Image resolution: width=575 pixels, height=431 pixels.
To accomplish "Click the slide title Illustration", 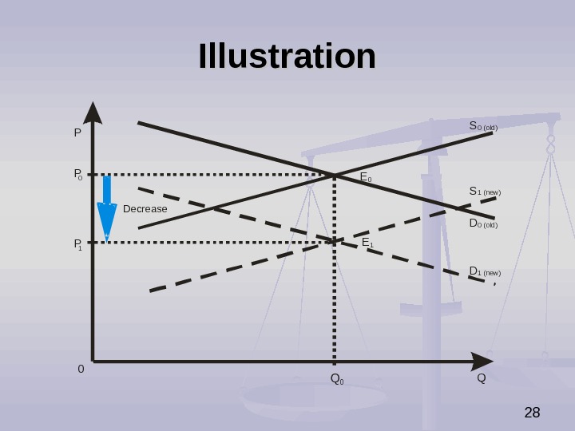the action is pos(287,57).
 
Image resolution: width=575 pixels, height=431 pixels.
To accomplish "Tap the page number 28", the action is pos(532,413).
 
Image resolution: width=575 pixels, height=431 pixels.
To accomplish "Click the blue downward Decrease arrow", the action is pos(106,210).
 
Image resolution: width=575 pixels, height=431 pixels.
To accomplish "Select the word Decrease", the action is pos(145,209).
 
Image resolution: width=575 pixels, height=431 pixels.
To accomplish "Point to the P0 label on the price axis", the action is pos(78,174).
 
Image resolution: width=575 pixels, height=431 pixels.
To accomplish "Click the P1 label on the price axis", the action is pos(78,243).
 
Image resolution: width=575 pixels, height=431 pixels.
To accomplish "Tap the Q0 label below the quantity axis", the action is pos(337,378).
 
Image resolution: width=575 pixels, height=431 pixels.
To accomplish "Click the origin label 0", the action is pos(81,370).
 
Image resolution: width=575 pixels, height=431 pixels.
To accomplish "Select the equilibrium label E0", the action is pos(366,177).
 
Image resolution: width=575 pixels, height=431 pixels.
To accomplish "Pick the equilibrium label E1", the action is pos(367,242).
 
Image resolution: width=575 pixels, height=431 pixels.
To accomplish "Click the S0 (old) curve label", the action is pos(483,126).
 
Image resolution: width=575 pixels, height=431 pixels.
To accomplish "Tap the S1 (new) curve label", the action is pos(485,192).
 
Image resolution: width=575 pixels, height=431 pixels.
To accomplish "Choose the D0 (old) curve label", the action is pos(483,224).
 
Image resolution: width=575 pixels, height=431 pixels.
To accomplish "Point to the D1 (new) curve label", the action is pos(485,272).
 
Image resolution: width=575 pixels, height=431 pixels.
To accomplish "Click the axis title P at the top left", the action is pos(77,132).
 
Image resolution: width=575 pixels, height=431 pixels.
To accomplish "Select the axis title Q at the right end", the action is pos(481,378).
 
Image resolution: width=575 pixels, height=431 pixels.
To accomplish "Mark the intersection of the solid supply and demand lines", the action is pos(335,175).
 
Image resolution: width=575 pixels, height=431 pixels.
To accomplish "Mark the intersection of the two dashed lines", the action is pos(335,240).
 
